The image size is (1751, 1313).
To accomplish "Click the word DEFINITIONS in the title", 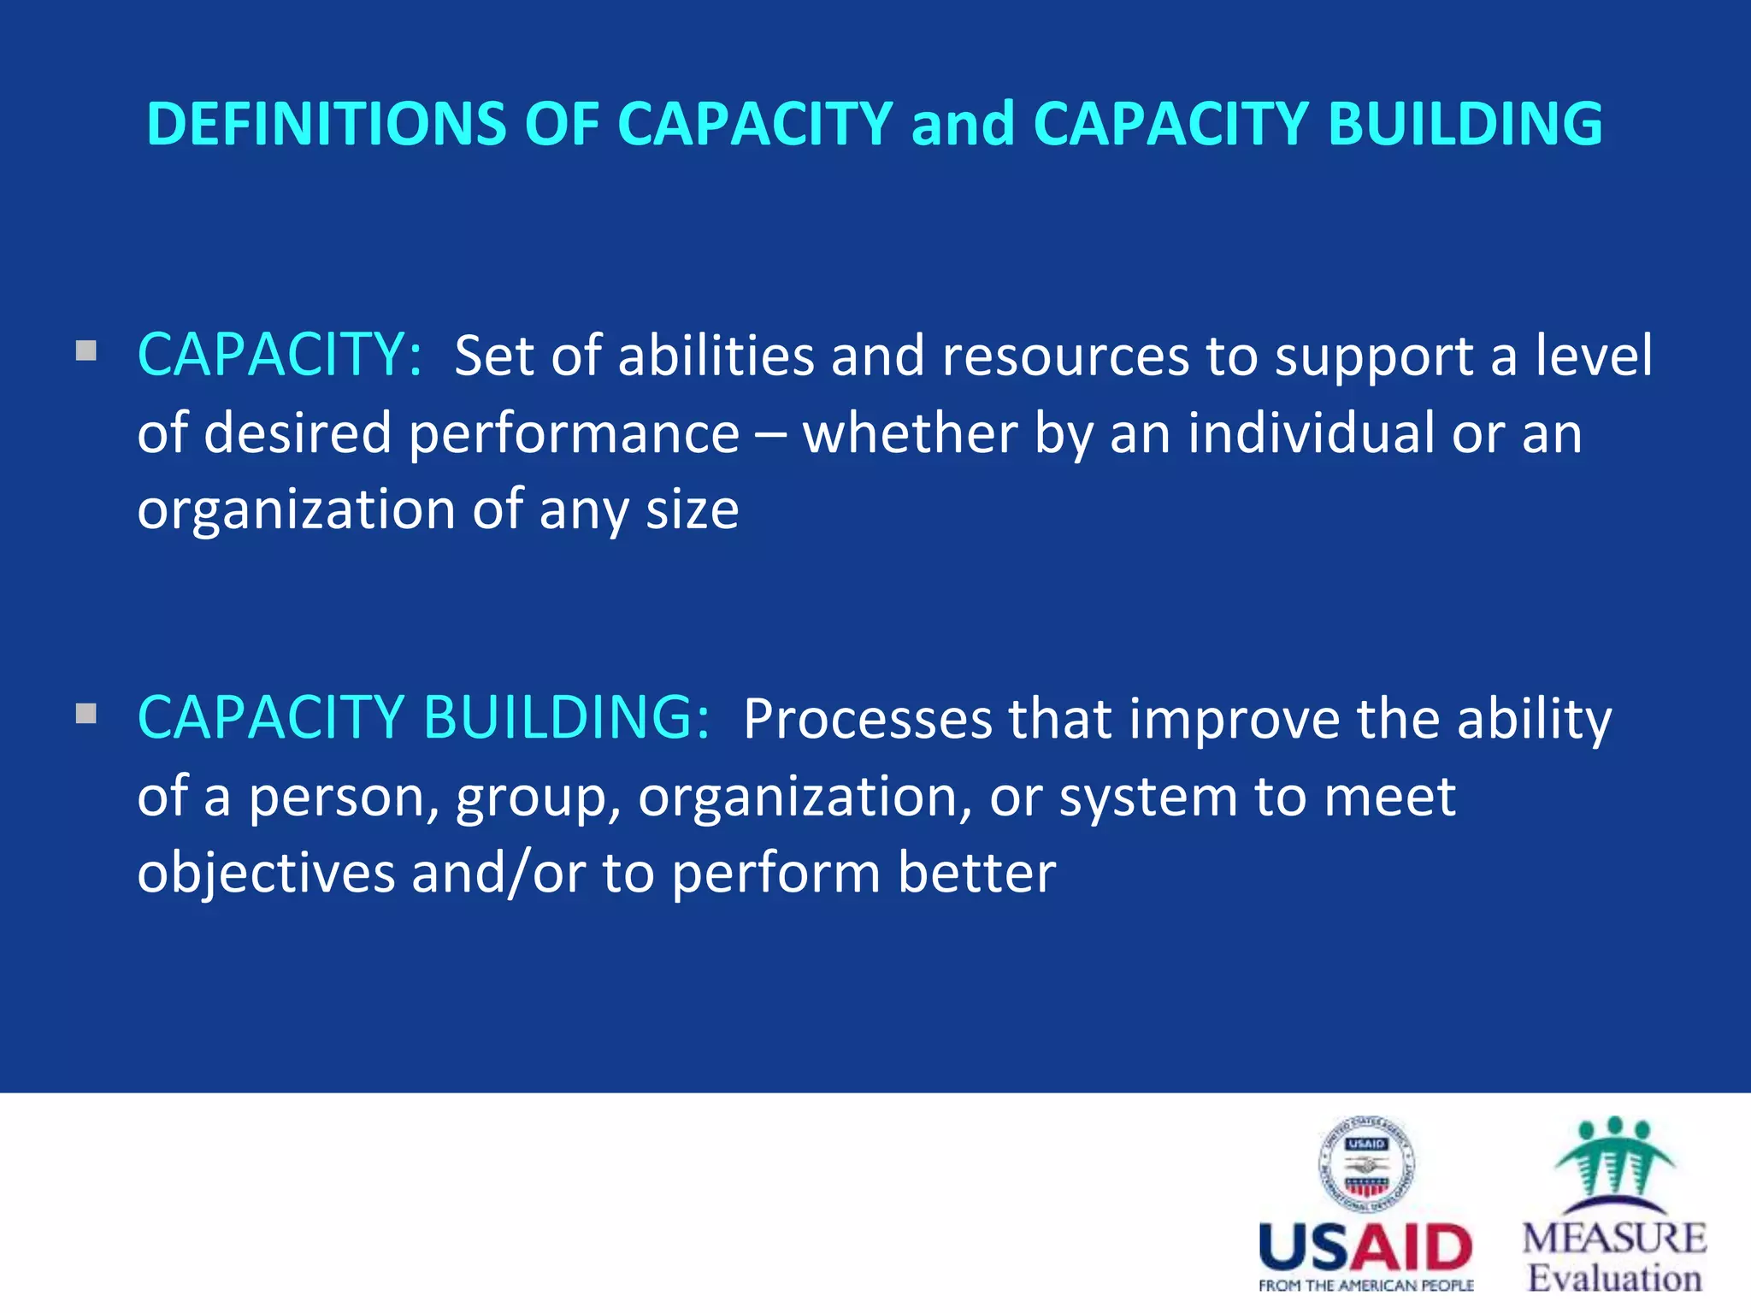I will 326,124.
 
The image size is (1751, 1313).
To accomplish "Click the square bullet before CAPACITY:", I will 85,350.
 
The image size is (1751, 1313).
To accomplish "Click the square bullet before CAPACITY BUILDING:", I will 85,713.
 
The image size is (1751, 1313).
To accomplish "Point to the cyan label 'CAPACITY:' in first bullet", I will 280,355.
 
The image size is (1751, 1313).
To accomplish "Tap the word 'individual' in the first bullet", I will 1311,433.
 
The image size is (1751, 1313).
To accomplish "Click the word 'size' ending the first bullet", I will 692,510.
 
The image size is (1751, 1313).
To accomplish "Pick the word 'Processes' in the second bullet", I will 868,719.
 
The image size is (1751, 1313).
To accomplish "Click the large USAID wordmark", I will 1365,1248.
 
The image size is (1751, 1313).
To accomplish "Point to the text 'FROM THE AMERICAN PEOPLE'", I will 1365,1286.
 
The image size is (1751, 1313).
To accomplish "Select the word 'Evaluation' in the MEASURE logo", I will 1614,1279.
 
